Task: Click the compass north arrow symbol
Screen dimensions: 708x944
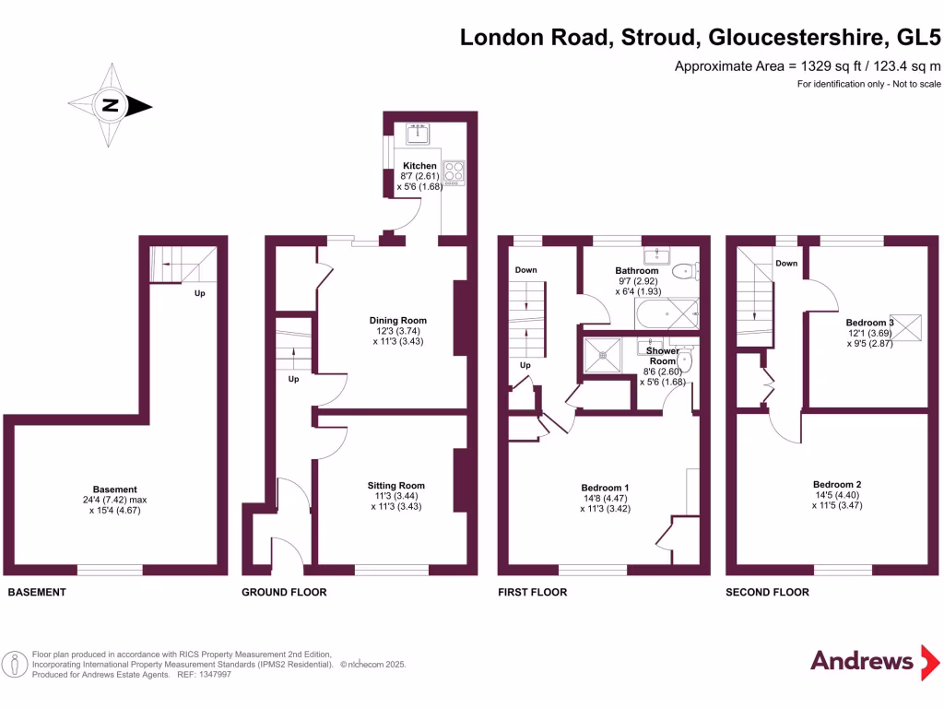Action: tap(111, 106)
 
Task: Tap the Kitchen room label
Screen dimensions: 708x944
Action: tap(419, 166)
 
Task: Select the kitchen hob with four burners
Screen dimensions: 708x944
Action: tap(454, 172)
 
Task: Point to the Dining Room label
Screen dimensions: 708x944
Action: tap(397, 321)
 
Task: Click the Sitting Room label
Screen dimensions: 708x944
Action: tap(395, 486)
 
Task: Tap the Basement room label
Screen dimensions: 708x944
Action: tap(114, 490)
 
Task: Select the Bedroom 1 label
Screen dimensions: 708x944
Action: tap(605, 488)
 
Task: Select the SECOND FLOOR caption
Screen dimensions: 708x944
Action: tap(767, 592)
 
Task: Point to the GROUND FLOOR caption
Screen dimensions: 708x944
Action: tap(284, 592)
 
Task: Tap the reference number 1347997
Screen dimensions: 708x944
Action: tap(213, 675)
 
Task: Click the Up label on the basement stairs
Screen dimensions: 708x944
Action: tap(199, 294)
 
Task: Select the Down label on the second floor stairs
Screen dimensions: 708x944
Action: tap(786, 264)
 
